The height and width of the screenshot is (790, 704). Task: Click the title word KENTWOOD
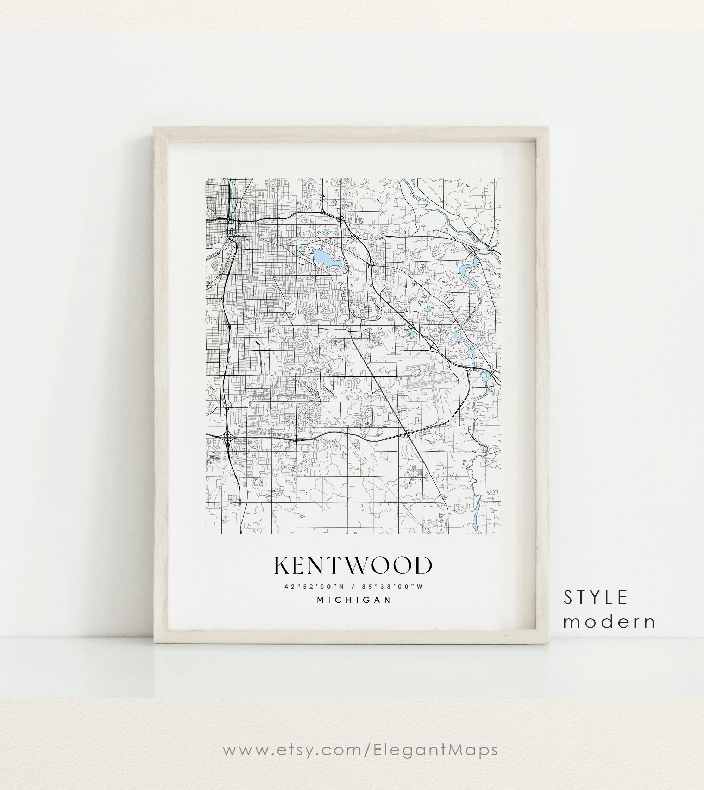point(353,566)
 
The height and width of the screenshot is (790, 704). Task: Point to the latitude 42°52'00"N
point(314,587)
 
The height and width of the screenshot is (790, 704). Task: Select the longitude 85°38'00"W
point(392,587)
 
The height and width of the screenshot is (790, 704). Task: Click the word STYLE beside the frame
point(595,598)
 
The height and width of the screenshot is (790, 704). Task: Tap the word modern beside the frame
point(609,622)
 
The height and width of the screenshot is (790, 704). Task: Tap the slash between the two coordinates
point(353,587)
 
